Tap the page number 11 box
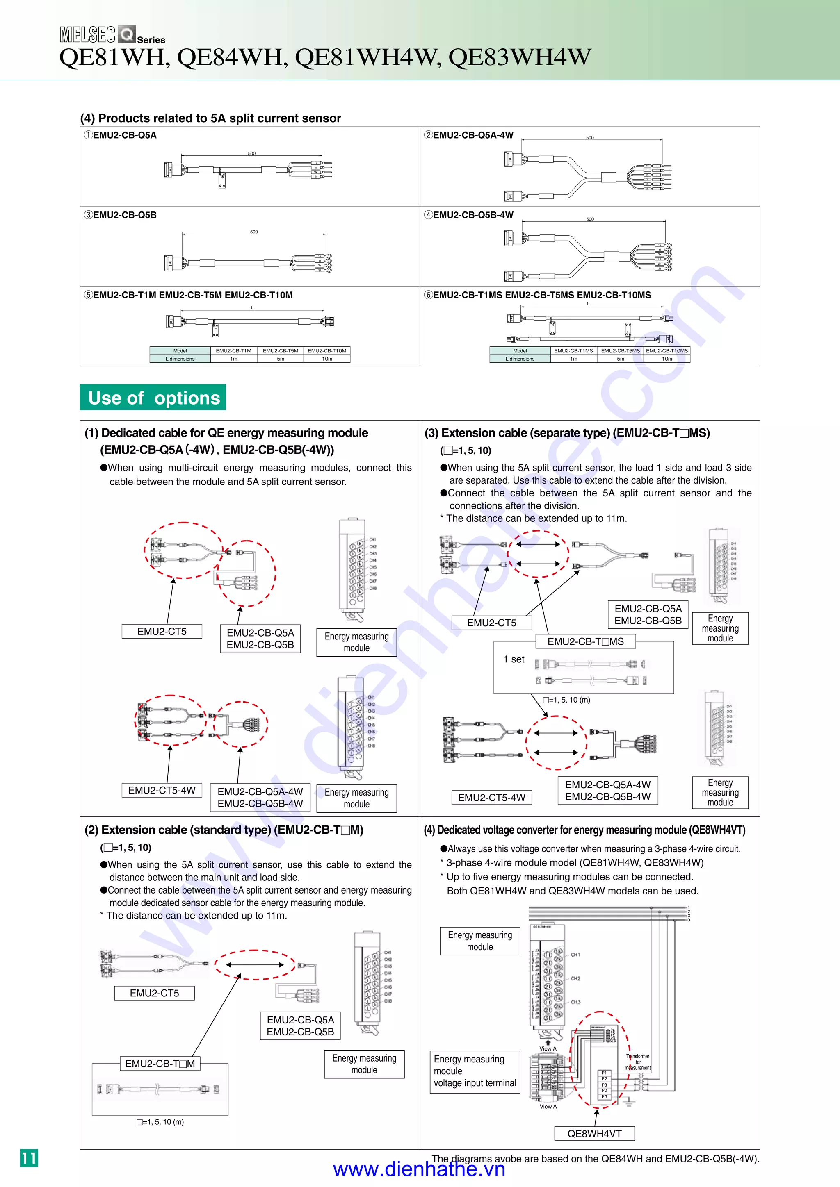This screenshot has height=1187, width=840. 29,1157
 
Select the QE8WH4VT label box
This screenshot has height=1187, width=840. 594,1133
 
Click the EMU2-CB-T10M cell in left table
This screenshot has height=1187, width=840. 327,350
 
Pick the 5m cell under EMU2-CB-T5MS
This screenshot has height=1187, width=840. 620,359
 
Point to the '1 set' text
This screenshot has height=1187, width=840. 514,659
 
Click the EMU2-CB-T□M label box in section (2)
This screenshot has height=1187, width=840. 160,1064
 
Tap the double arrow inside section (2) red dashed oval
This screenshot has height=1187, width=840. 255,965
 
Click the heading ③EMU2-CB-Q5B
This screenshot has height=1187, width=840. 121,215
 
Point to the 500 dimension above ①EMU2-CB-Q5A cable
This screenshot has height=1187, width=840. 251,154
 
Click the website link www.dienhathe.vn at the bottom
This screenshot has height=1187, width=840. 419,1169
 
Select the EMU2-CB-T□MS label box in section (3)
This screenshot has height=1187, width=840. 586,641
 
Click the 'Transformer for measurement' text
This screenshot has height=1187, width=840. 638,1062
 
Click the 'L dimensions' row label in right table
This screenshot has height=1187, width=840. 520,359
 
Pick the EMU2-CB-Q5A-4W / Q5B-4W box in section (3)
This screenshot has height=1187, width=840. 608,791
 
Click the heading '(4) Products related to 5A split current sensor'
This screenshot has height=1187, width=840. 210,118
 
